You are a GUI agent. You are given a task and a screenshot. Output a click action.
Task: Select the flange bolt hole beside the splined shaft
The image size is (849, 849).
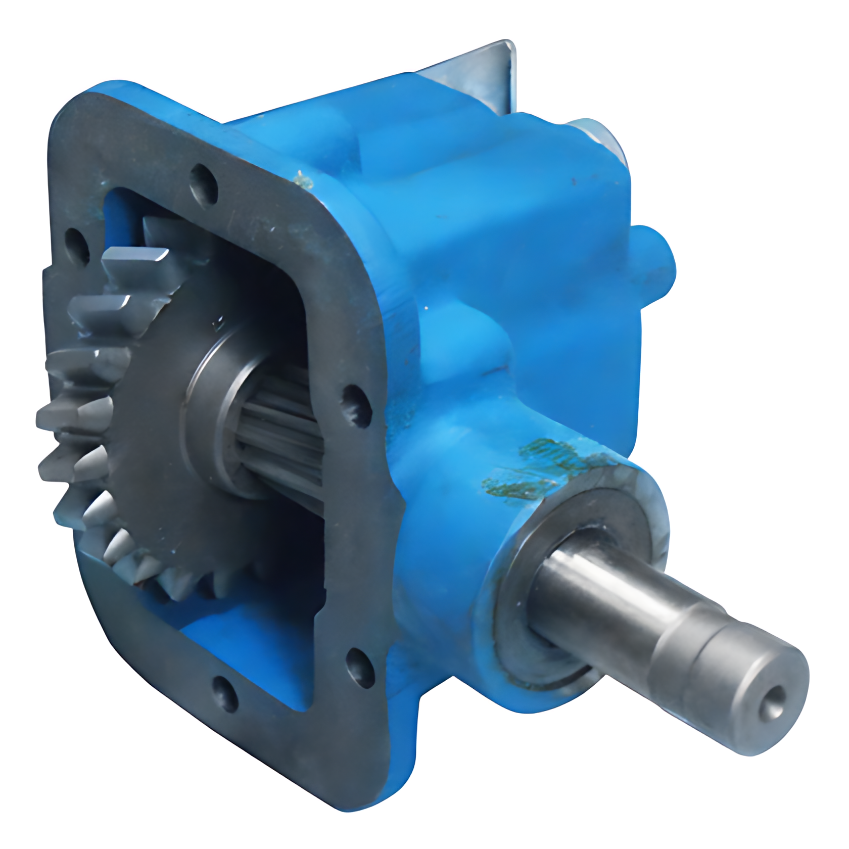tap(355, 405)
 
